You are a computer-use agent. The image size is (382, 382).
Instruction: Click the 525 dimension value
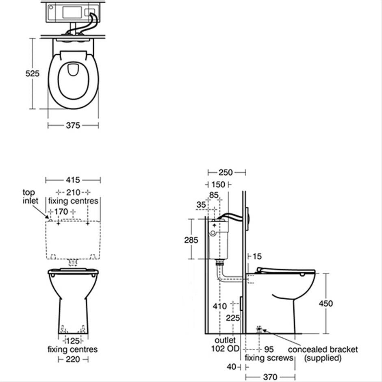33,74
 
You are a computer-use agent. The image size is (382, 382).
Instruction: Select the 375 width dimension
73,126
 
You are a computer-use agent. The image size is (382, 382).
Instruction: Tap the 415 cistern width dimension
73,180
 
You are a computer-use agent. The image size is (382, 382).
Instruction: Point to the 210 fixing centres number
73,192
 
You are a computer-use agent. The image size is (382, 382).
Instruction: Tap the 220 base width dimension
73,359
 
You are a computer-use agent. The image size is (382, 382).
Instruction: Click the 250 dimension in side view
226,172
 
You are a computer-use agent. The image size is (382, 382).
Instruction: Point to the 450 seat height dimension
326,304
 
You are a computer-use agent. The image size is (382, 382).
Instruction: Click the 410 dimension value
219,306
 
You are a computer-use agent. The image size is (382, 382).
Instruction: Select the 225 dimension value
233,318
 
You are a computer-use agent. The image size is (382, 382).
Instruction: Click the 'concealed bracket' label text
323,349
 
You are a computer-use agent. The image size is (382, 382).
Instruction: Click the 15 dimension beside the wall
257,256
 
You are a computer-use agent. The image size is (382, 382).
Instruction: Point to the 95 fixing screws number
269,349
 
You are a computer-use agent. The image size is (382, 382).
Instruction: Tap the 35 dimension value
201,205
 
